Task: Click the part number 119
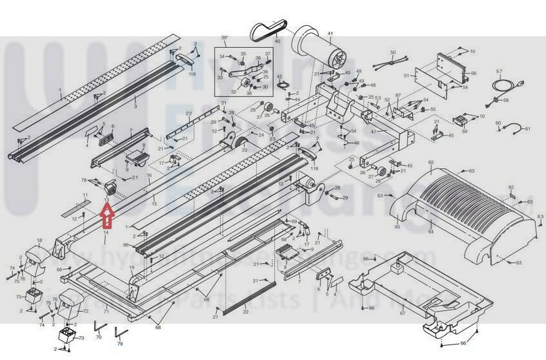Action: (x=192, y=74)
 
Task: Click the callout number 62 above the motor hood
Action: (x=430, y=162)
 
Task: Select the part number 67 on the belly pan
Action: (x=402, y=313)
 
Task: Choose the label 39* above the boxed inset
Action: (x=225, y=38)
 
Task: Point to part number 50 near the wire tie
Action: (x=392, y=52)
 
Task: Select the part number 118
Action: (x=315, y=168)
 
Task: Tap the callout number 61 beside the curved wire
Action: (x=527, y=129)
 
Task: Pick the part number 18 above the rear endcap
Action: (x=39, y=240)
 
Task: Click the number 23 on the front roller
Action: (x=245, y=150)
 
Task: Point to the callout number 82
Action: (x=510, y=187)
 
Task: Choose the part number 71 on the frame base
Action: (x=106, y=312)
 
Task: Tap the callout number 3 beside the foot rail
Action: (x=135, y=105)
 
